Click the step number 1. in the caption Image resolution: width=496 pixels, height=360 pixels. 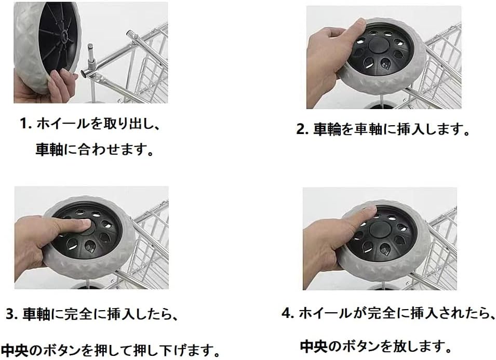(x=26, y=124)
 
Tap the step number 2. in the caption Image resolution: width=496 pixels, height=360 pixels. (x=302, y=129)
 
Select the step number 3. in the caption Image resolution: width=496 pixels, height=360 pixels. (x=12, y=314)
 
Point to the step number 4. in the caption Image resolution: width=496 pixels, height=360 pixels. (x=288, y=313)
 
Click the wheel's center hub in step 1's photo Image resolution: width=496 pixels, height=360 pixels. (x=63, y=36)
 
